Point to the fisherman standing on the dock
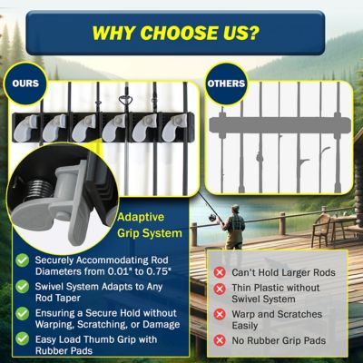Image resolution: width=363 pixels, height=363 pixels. [235, 233]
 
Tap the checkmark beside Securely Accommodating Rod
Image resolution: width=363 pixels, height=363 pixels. [22, 260]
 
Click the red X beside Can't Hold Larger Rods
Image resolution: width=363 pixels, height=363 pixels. [219, 272]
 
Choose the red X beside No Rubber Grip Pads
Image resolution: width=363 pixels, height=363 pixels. [219, 342]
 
